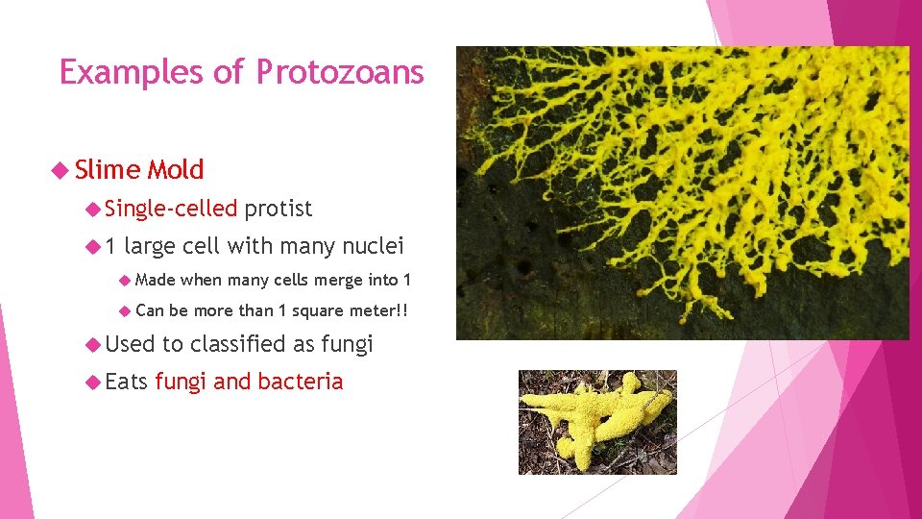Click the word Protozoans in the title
tap(340, 73)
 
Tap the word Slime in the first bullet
tap(107, 170)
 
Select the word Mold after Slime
tap(175, 170)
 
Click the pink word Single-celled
tap(171, 209)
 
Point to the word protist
tap(279, 209)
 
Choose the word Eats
tap(126, 382)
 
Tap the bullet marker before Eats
tap(92, 383)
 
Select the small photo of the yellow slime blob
tap(597, 421)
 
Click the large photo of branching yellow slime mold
tap(682, 192)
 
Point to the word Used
tap(130, 343)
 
